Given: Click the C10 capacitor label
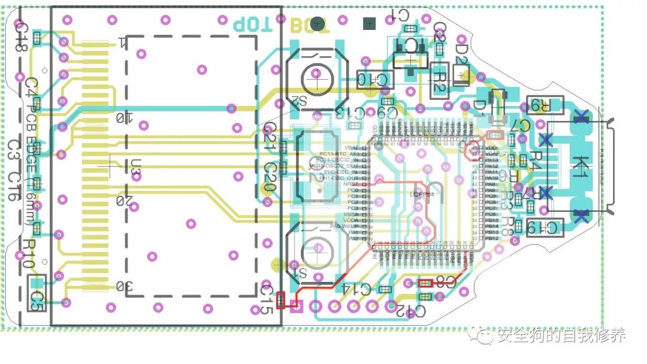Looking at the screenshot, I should [373, 78].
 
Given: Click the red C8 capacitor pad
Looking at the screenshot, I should [425, 283].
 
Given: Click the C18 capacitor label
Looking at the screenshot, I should [20, 36].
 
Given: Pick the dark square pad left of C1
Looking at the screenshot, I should [369, 24].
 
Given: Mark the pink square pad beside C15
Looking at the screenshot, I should [294, 308].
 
